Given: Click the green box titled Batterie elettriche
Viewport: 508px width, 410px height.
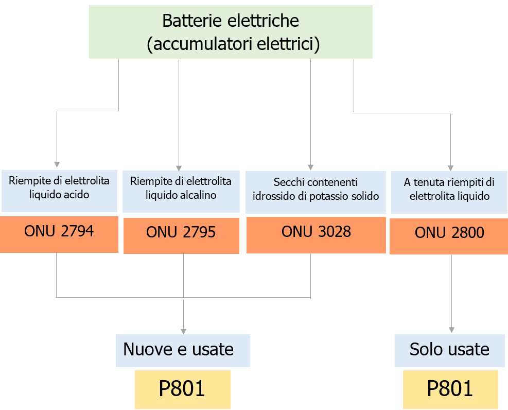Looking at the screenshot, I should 231,32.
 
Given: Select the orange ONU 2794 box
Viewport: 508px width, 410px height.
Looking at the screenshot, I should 59,235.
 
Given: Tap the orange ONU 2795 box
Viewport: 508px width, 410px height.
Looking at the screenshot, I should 181,235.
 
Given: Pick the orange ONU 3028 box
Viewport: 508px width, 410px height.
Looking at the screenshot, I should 316,235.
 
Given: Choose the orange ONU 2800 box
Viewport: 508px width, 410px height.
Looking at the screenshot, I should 449,236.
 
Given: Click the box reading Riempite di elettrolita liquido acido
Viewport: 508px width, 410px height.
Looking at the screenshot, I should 59,191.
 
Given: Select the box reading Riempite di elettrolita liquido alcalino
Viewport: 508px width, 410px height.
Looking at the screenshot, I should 181,191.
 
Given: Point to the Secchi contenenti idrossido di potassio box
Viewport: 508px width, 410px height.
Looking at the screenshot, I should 316,192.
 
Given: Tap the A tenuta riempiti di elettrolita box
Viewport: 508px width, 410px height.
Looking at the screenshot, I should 449,192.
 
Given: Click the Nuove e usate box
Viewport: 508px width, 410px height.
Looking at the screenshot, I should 183,350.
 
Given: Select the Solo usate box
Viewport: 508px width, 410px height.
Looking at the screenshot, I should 449,350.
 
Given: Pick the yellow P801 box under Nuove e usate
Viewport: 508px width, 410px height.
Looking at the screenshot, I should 182,389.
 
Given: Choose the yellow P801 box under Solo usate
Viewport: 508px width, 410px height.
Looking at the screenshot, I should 450,389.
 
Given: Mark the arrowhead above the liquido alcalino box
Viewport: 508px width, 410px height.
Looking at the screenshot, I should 179,167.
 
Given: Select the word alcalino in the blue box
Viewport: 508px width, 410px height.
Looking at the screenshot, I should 198,195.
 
